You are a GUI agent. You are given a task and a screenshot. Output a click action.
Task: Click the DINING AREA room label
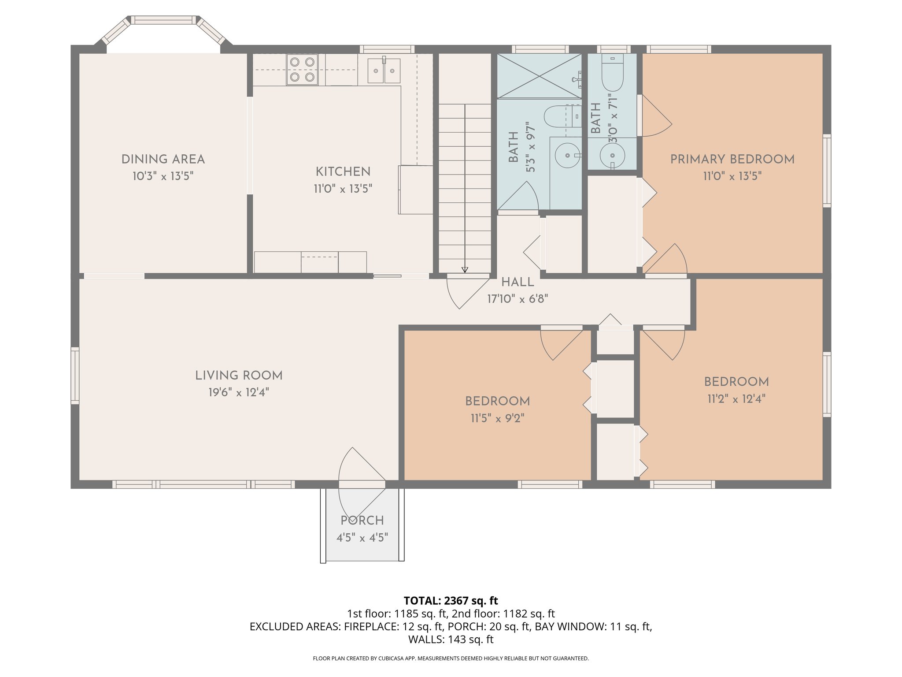pos(163,159)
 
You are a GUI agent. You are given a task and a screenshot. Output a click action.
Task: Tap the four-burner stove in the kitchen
pos(302,70)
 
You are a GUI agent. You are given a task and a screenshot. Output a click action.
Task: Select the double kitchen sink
pos(384,71)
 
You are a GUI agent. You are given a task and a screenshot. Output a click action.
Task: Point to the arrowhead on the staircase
pos(465,270)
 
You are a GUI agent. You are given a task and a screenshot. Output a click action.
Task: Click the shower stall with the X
pos(539,76)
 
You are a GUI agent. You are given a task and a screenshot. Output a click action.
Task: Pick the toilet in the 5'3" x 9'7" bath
pos(559,116)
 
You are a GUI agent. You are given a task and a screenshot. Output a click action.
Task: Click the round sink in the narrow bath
pos(612,156)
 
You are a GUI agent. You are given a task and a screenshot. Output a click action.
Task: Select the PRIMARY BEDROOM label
pos(732,159)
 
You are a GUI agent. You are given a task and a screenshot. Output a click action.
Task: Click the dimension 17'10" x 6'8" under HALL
pos(518,299)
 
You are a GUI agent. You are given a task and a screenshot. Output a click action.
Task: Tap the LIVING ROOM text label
pos(239,376)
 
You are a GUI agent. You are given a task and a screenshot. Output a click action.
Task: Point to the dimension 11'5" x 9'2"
pos(497,418)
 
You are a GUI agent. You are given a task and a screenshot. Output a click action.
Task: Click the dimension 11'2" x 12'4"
pos(736,399)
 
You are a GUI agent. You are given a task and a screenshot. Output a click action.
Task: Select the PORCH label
pos(362,521)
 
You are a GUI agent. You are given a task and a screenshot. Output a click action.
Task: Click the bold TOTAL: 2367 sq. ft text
pos(451,601)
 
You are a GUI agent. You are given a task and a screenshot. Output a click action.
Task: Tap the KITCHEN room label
pos(343,171)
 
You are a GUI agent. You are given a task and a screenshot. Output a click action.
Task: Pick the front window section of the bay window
pos(163,20)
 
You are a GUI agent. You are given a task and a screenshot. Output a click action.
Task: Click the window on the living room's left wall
pos(75,376)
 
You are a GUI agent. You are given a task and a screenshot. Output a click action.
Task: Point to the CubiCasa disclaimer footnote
pos(451,658)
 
